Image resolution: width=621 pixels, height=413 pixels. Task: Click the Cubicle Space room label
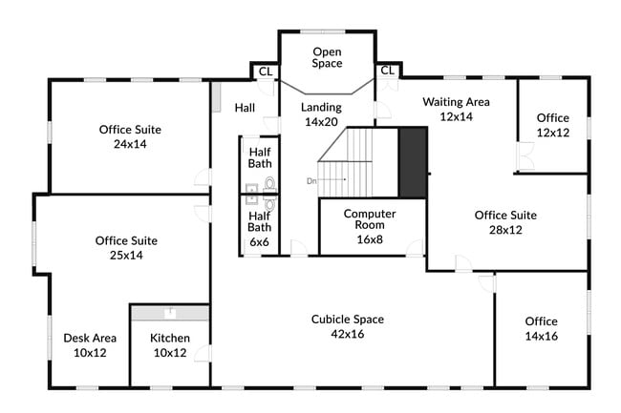348,320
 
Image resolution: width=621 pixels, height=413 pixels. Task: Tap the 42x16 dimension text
348,334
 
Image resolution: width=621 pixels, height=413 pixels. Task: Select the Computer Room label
370,219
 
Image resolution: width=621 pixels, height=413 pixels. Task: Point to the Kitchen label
170,338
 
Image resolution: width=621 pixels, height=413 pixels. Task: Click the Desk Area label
90,338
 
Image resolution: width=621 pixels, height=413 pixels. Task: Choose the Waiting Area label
457,102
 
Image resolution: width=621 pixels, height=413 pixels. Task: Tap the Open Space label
327,57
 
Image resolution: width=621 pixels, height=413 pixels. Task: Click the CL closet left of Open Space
266,72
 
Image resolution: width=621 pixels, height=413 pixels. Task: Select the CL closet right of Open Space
388,71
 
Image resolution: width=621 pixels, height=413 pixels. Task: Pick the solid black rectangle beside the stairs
413,162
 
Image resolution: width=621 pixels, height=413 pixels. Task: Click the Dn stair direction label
311,181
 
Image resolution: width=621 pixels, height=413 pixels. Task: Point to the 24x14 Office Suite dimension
130,144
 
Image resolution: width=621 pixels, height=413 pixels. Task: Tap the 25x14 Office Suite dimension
126,256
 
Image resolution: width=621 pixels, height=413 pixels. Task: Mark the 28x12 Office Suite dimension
505,230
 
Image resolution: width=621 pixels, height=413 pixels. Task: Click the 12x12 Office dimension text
553,133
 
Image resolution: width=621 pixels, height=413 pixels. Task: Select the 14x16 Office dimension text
542,336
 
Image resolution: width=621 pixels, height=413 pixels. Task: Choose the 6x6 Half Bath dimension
260,242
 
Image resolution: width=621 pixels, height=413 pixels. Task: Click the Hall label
245,108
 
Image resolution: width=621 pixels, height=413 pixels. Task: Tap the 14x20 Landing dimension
321,122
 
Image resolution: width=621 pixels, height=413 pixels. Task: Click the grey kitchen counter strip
170,313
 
